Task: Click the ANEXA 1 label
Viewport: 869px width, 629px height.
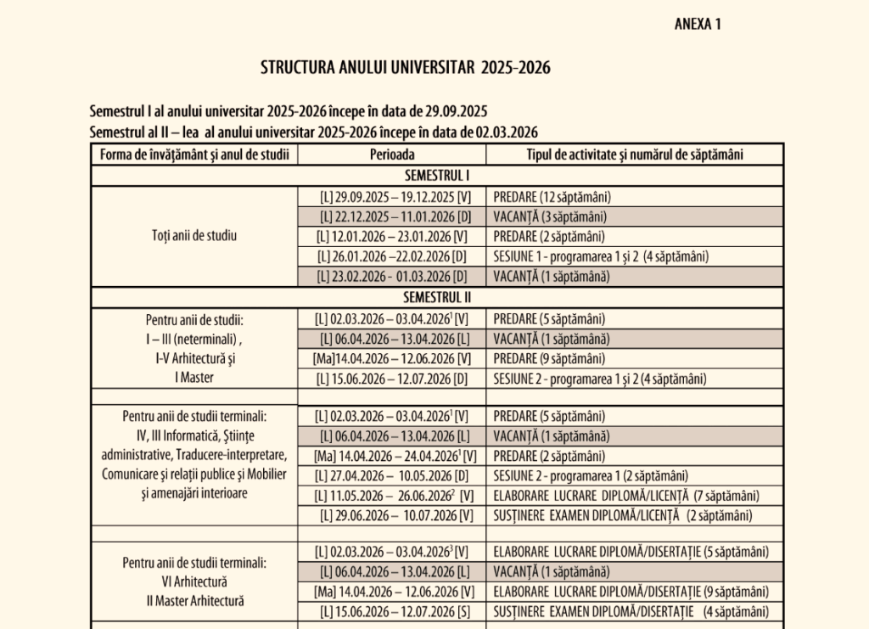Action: (697, 24)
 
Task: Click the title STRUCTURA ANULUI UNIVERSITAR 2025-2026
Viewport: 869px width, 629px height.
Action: (405, 68)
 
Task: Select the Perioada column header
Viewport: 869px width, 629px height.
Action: (392, 154)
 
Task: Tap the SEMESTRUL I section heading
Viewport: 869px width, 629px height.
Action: (437, 176)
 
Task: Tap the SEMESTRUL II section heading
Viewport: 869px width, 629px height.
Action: (437, 297)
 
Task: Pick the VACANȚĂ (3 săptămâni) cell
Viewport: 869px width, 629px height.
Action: (550, 216)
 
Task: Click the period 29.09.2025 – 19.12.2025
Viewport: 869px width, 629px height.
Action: (392, 196)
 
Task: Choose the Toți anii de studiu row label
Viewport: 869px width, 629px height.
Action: (194, 236)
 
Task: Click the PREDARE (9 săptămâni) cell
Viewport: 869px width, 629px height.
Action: (549, 358)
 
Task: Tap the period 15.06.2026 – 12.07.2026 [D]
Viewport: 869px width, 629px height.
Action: (392, 379)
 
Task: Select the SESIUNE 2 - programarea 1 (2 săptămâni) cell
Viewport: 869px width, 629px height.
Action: (591, 475)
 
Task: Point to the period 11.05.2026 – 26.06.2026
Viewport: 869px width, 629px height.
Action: (392, 495)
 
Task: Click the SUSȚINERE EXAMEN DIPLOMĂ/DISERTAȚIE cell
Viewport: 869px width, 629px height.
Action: (631, 612)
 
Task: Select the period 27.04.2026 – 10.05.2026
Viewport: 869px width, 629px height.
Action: (392, 475)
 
